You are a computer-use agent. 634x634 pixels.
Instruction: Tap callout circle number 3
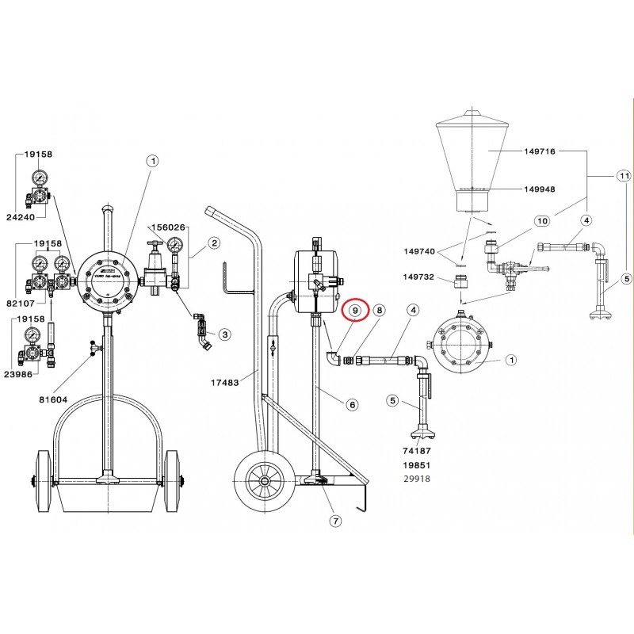224,335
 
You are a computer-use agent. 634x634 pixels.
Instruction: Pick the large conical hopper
472,158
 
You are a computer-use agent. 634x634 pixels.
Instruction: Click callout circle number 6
353,404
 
